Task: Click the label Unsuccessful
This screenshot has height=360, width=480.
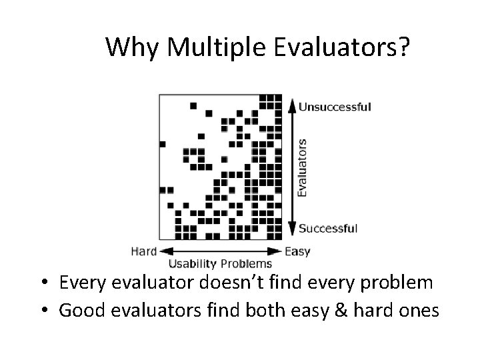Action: click(335, 106)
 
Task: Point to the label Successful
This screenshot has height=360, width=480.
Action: click(328, 229)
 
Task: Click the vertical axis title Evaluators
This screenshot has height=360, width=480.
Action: click(302, 167)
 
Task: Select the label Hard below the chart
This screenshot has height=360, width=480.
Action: click(143, 251)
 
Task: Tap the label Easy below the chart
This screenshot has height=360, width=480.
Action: click(297, 251)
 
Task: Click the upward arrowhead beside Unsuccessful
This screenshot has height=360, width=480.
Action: click(291, 104)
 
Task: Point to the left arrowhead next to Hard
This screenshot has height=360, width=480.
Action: click(163, 252)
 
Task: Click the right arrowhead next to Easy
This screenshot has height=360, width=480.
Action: click(279, 252)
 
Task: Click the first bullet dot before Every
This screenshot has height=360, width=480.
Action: click(42, 283)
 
